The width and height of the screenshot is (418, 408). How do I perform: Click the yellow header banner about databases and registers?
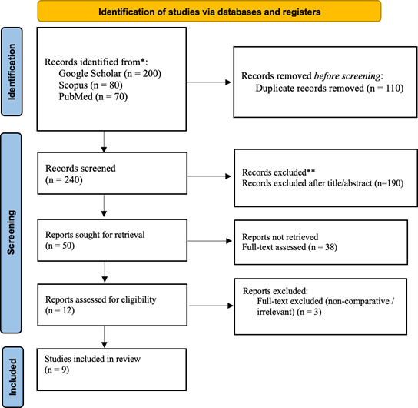[209, 12]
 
